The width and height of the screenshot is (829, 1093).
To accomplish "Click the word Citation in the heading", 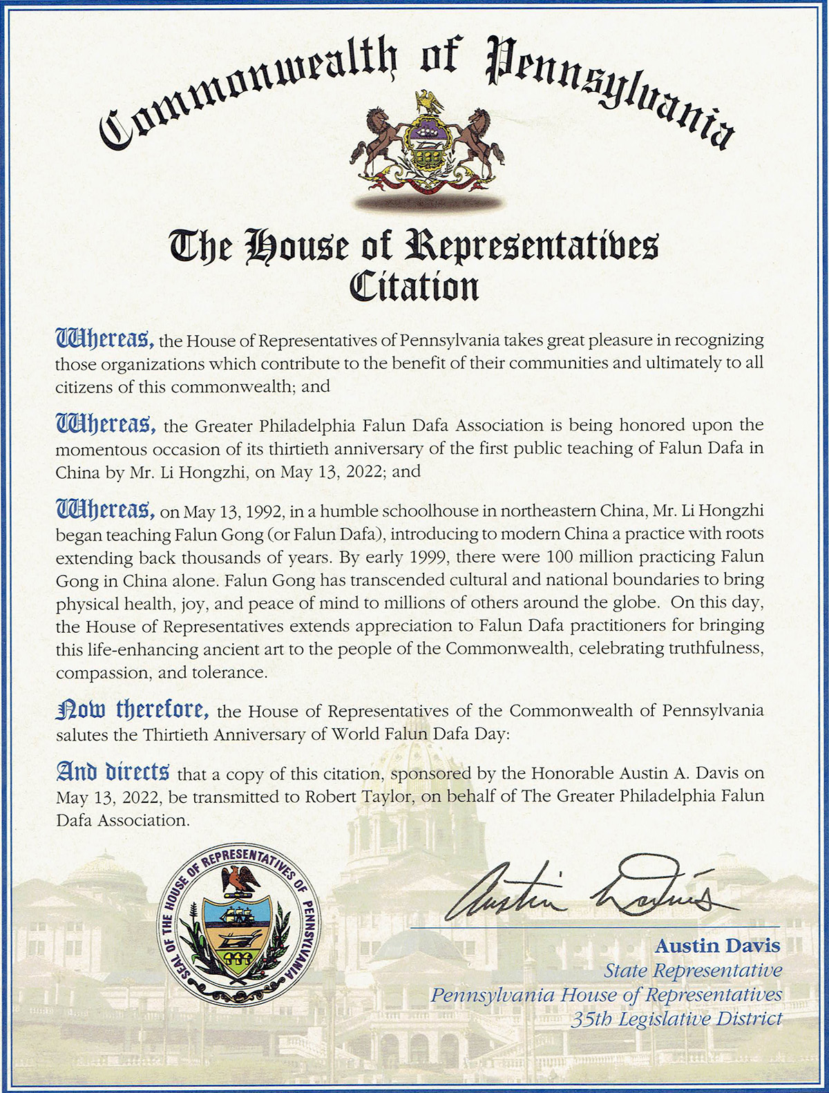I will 414,285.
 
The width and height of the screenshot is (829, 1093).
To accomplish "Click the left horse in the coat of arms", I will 378,142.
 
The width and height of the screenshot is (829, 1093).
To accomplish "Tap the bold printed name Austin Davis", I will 718,944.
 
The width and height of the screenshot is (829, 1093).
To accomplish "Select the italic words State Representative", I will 693,970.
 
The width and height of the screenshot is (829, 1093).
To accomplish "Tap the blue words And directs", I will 112,771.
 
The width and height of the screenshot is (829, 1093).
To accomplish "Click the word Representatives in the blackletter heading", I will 531,247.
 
